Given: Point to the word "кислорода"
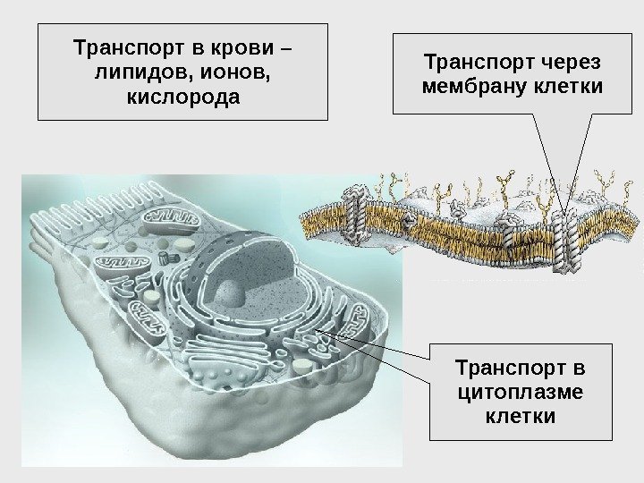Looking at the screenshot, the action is click(x=183, y=95).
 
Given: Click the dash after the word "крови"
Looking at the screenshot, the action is click(x=291, y=45).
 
